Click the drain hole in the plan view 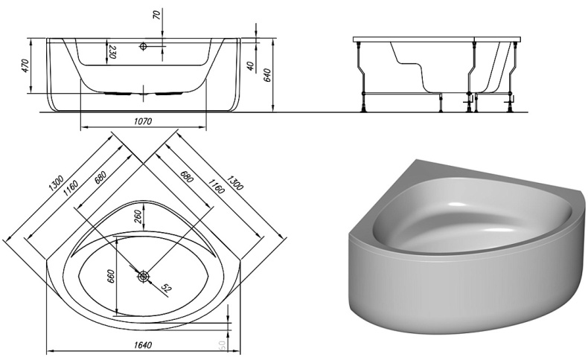pyautogui.click(x=144, y=276)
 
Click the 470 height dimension pyautogui.click(x=25, y=66)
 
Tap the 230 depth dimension pyautogui.click(x=112, y=53)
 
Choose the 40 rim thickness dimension pyautogui.click(x=252, y=65)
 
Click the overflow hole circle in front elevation pyautogui.click(x=144, y=46)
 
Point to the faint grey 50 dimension pyautogui.click(x=221, y=346)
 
